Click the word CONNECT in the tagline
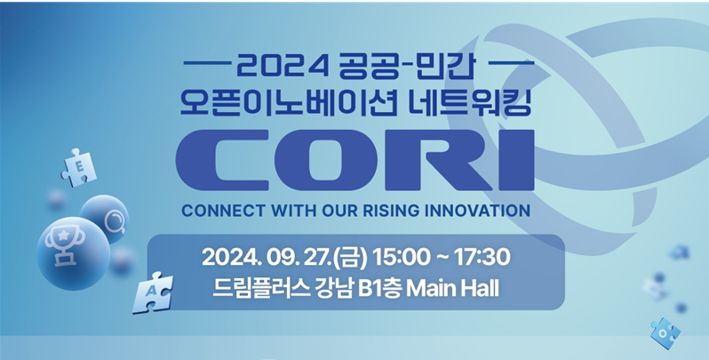point(219,212)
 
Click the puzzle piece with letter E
point(77,166)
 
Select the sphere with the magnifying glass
point(106,217)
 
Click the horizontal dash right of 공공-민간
point(509,64)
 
